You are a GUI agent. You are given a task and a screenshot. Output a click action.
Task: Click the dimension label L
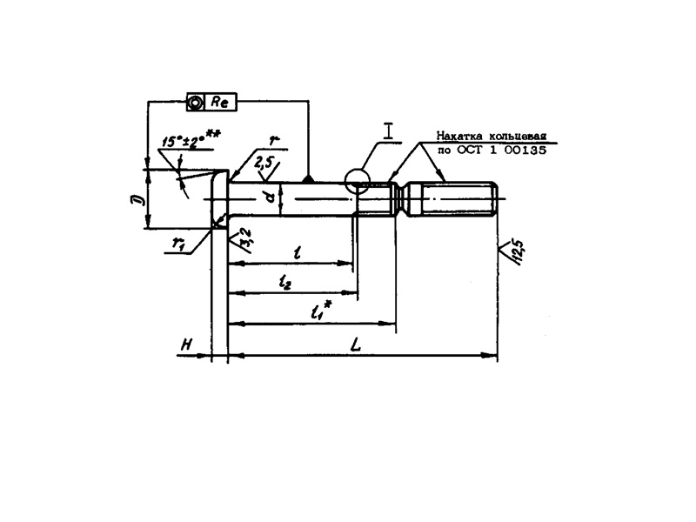pos(356,345)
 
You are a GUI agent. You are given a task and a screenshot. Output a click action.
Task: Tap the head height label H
pos(185,345)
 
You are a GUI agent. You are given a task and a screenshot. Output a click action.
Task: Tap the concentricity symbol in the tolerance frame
pos(197,103)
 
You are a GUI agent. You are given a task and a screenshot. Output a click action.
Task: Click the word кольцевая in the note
pos(517,136)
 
